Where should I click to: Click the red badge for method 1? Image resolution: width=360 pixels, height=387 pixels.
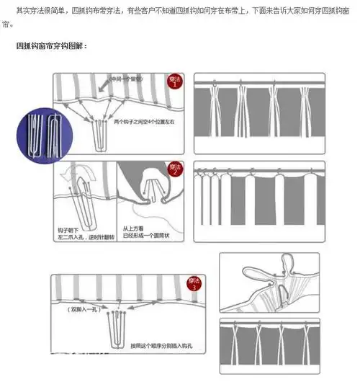(x=174, y=82)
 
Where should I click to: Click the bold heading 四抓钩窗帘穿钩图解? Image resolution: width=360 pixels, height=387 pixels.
(x=51, y=46)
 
